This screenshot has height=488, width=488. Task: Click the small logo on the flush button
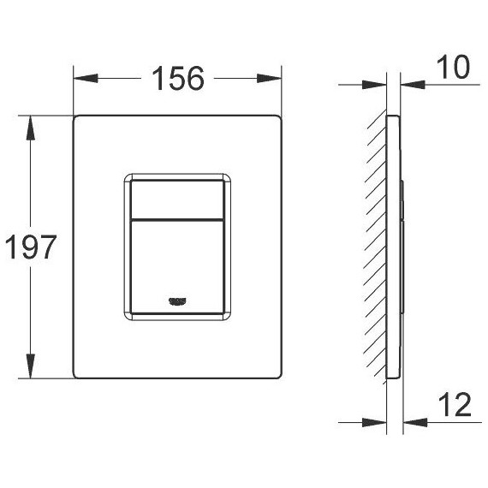[178, 300]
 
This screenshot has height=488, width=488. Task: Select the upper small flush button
[178, 198]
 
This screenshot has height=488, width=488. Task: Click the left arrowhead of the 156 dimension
[82, 78]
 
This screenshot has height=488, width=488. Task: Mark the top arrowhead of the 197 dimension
[33, 122]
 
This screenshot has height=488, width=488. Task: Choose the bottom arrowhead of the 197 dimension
[33, 373]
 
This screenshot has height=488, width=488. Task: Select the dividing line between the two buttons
[178, 217]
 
